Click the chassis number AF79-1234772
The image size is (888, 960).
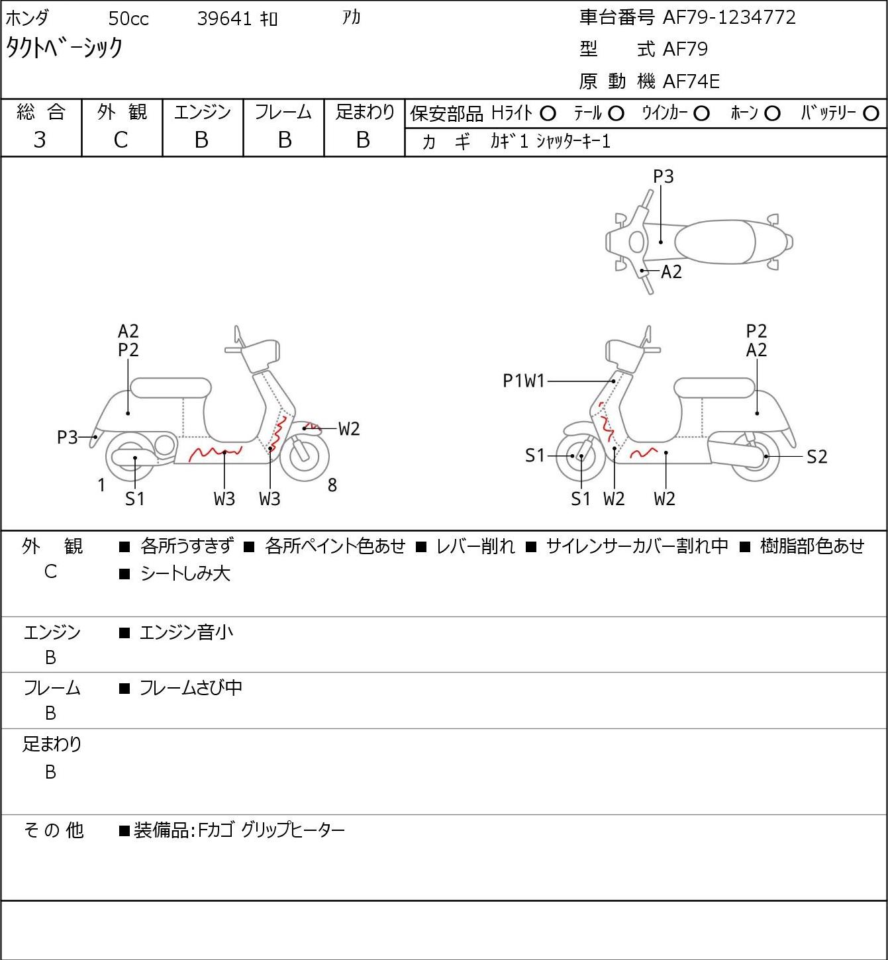click(729, 17)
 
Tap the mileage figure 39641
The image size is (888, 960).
click(224, 19)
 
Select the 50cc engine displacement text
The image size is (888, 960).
click(128, 19)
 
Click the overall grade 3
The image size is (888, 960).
click(40, 140)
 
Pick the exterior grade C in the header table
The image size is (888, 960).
click(121, 140)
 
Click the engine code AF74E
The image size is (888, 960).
click(691, 81)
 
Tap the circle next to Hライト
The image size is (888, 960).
click(548, 114)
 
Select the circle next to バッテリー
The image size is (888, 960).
click(871, 114)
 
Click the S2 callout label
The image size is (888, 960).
click(817, 456)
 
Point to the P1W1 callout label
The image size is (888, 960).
click(524, 381)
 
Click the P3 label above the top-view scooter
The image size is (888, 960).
click(663, 176)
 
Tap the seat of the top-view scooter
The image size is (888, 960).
click(715, 242)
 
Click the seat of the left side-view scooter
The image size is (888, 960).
click(171, 388)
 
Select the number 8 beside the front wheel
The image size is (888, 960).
click(332, 485)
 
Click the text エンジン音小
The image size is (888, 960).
click(186, 633)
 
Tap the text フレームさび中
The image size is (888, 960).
click(191, 688)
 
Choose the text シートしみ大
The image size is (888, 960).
click(185, 574)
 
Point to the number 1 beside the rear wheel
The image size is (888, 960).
click(101, 485)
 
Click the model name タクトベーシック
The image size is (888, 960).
click(64, 48)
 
